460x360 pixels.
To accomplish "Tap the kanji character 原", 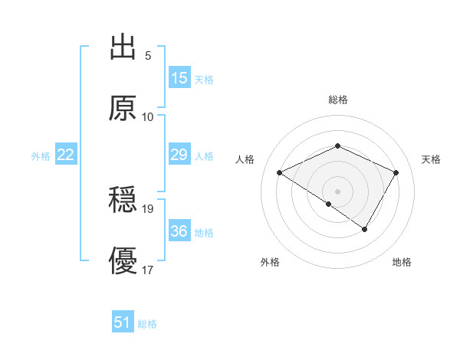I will click(x=123, y=109).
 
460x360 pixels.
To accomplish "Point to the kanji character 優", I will click(x=123, y=261).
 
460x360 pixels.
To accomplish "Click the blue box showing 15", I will click(x=179, y=78).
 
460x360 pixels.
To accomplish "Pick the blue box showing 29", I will click(x=179, y=155).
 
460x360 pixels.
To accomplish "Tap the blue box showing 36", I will click(x=179, y=231).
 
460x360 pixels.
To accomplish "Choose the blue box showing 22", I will click(x=65, y=155).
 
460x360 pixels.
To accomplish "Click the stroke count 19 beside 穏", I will click(x=149, y=208).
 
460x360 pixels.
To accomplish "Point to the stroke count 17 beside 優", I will click(x=149, y=270).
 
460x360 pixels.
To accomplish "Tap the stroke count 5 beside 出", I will click(x=148, y=56).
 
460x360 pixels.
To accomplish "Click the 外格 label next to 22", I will click(x=41, y=155).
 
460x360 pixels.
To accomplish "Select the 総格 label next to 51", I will click(x=147, y=324).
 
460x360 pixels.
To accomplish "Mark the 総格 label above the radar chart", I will click(x=338, y=100).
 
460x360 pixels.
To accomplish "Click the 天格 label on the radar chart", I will click(x=431, y=159).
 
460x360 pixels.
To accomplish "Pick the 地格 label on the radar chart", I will click(x=402, y=263).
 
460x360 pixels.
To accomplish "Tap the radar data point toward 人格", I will click(x=280, y=173).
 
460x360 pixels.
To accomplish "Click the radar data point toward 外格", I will click(x=329, y=204).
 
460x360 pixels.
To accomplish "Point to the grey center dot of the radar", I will click(x=338, y=191).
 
